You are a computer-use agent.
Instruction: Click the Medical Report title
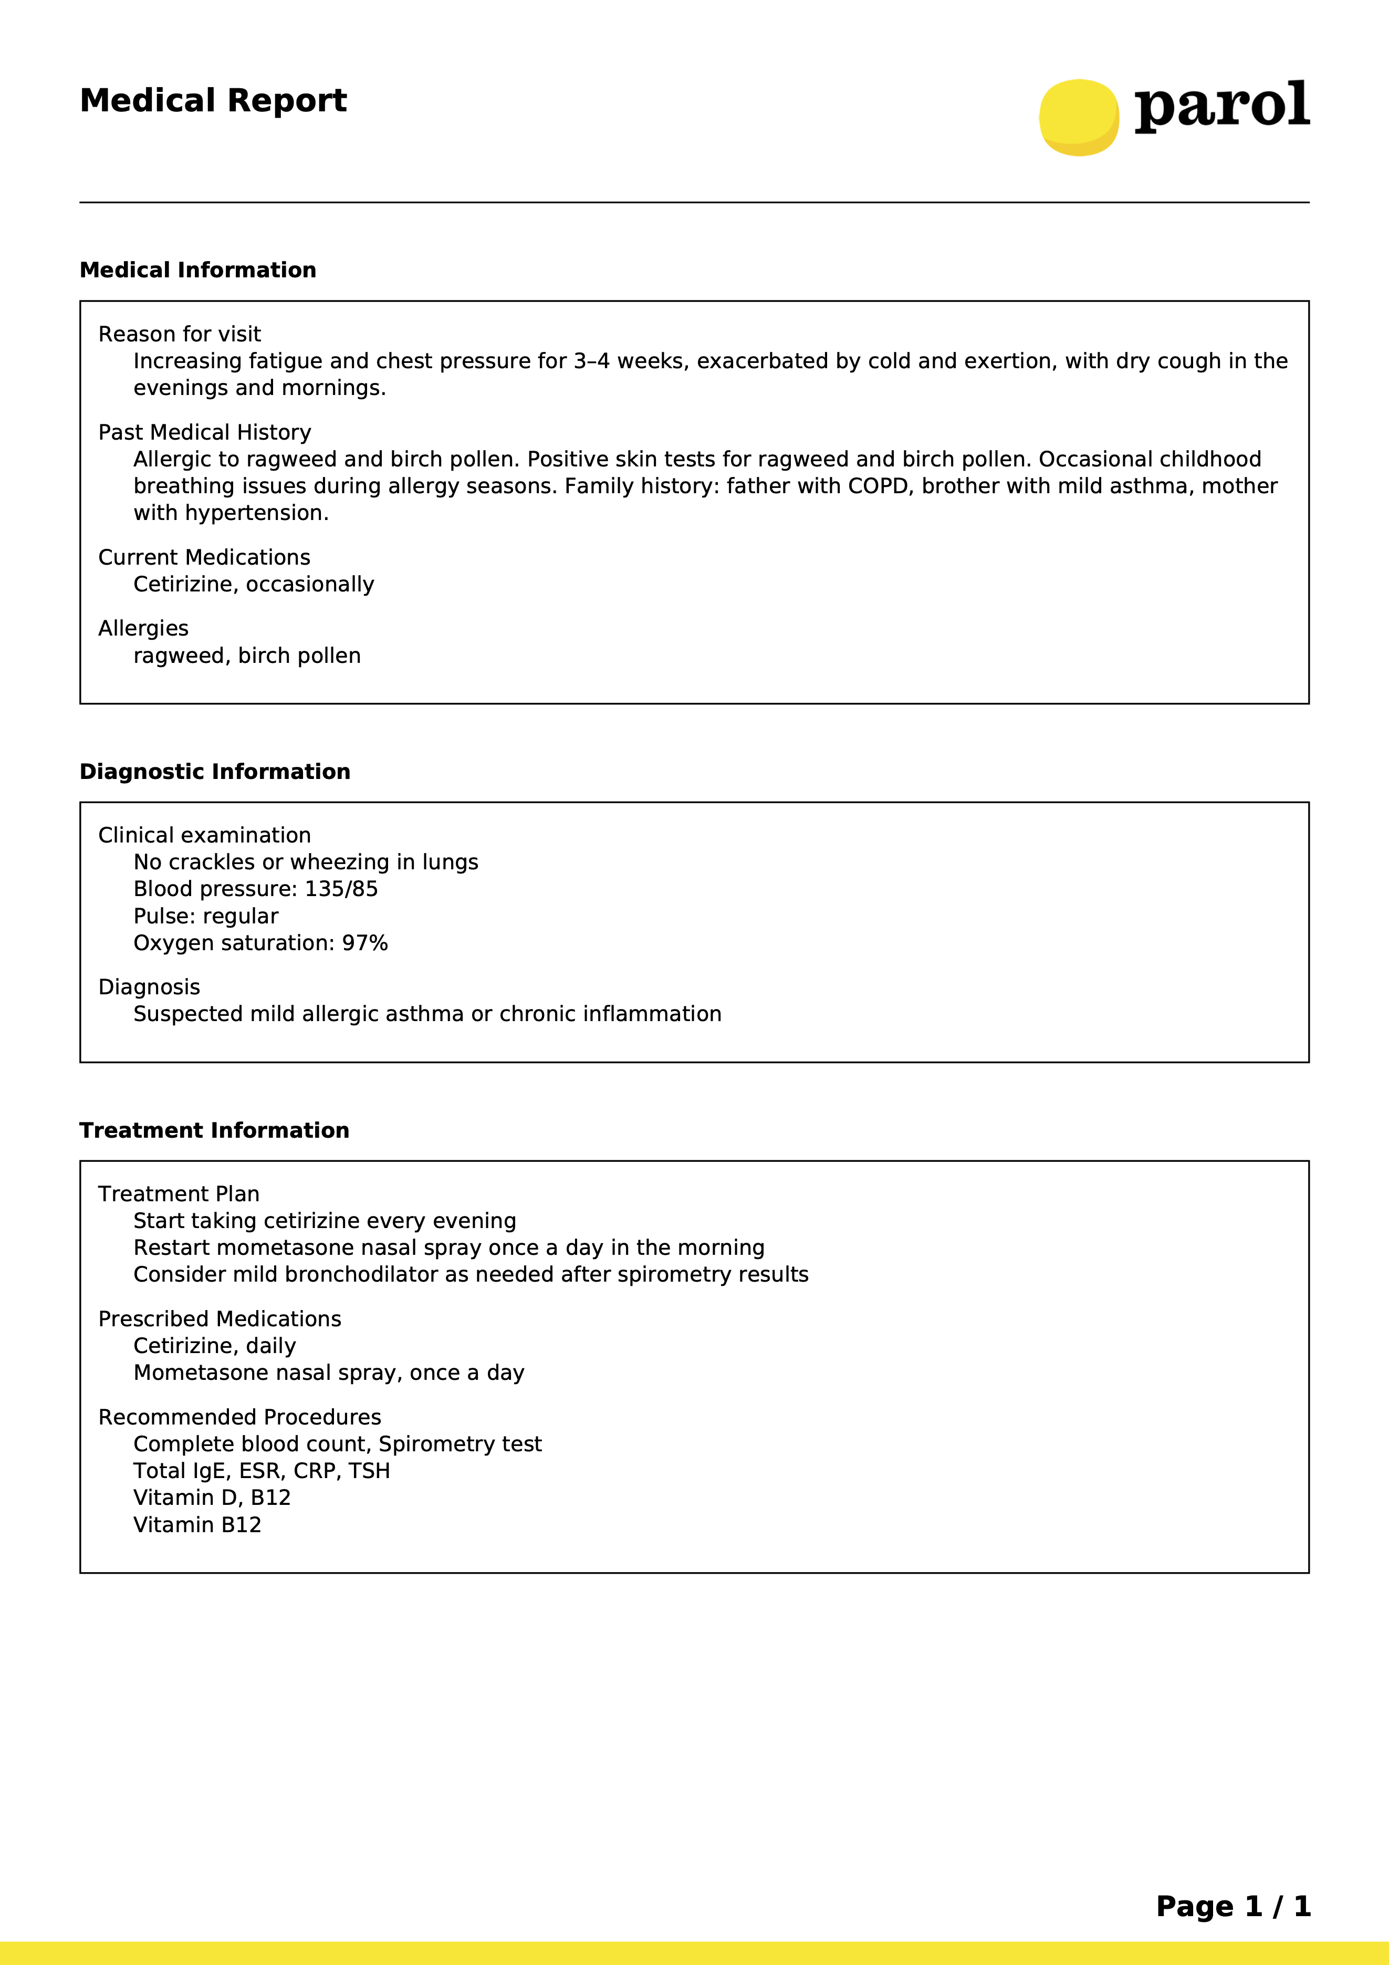pyautogui.click(x=213, y=101)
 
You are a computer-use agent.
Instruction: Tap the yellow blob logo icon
pyautogui.click(x=1078, y=117)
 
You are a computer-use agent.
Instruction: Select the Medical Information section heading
pyautogui.click(x=197, y=271)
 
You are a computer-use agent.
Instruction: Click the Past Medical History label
pyautogui.click(x=204, y=432)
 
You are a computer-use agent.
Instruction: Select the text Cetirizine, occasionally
pyautogui.click(x=253, y=585)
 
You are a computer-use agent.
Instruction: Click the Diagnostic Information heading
pyautogui.click(x=215, y=772)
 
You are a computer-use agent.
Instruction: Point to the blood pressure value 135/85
pyautogui.click(x=341, y=889)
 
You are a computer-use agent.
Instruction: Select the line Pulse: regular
pyautogui.click(x=205, y=917)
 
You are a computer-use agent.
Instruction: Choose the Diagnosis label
pyautogui.click(x=149, y=987)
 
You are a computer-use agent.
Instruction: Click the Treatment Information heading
pyautogui.click(x=214, y=1130)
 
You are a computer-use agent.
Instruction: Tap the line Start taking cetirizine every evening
pyautogui.click(x=325, y=1221)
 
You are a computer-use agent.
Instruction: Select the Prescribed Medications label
pyautogui.click(x=219, y=1319)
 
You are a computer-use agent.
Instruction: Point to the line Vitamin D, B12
pyautogui.click(x=212, y=1498)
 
